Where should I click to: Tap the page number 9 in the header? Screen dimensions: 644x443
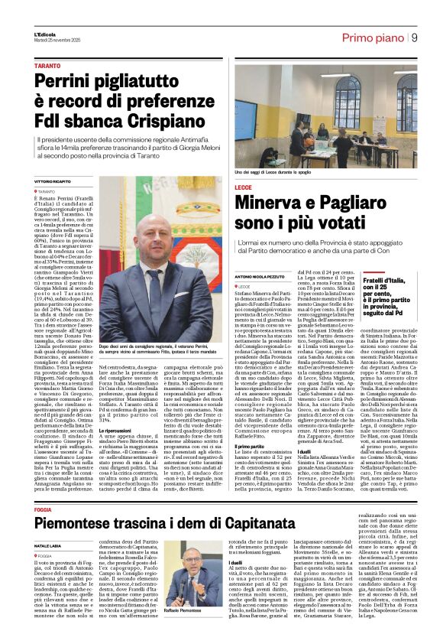point(413,37)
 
